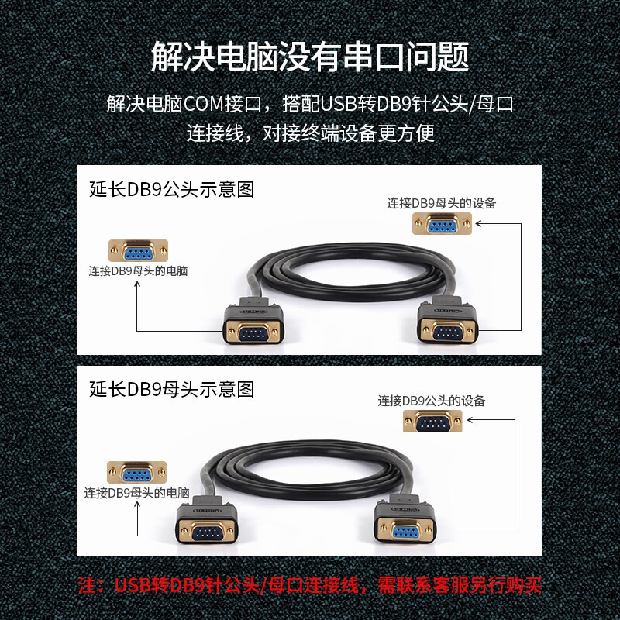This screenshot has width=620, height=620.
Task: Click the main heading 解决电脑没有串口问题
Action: point(310,57)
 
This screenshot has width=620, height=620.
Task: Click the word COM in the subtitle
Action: point(205,104)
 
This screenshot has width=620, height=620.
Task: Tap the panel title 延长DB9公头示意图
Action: point(171,189)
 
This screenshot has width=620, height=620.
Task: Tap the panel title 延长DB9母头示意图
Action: point(171,389)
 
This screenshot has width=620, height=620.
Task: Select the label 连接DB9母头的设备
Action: point(441,203)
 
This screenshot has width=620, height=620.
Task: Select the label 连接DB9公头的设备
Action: point(432,401)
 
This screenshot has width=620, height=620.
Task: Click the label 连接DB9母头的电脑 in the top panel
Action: point(138,271)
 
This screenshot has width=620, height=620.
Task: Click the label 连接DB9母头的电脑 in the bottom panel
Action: point(137,493)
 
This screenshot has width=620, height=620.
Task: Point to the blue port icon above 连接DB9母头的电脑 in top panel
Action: point(139,250)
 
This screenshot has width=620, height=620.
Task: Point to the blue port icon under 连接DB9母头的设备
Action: point(442,224)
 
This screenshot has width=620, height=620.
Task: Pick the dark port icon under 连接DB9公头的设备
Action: point(432,421)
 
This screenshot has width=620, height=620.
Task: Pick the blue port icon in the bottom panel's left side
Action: point(137,472)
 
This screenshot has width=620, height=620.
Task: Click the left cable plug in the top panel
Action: point(253,321)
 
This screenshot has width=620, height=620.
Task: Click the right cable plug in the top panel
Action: point(448,320)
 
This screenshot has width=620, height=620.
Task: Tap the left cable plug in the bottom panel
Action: point(207,520)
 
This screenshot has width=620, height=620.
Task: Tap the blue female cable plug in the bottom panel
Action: point(405,519)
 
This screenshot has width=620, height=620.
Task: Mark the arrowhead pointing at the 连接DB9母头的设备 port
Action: point(478,223)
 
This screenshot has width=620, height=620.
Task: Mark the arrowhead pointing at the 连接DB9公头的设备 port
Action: point(470,420)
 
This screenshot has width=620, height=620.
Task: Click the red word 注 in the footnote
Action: point(88,586)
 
